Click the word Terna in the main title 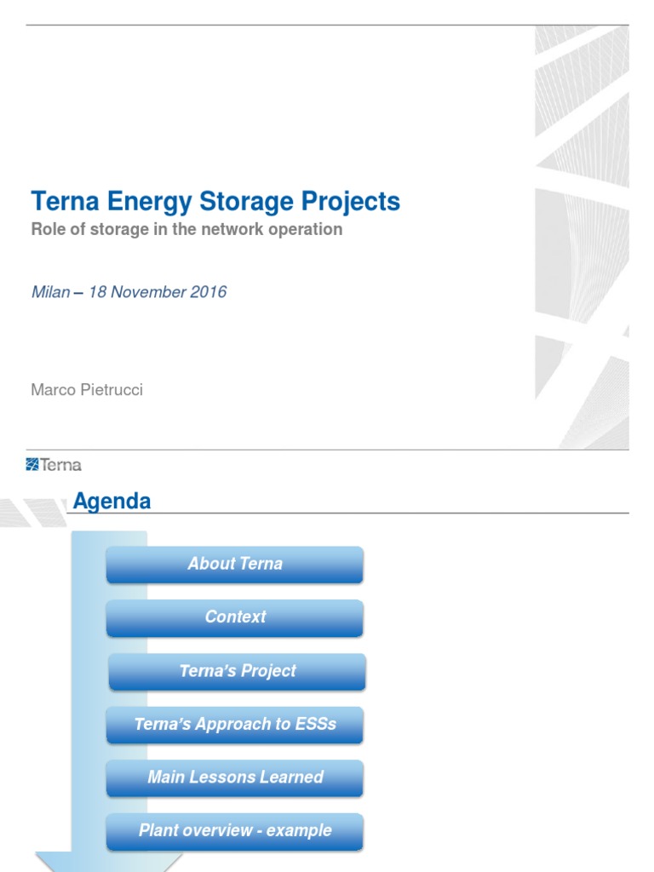(x=66, y=203)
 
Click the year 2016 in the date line (x=209, y=292)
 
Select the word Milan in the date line (x=50, y=292)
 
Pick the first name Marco (x=51, y=390)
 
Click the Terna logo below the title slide (x=54, y=464)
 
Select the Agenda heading (x=112, y=502)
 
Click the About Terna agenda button (x=235, y=565)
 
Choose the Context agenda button (x=235, y=617)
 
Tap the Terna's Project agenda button (x=238, y=671)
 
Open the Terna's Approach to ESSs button (x=235, y=725)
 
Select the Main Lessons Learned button (x=235, y=777)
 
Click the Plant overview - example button (x=235, y=831)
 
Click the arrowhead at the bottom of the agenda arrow (x=109, y=861)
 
